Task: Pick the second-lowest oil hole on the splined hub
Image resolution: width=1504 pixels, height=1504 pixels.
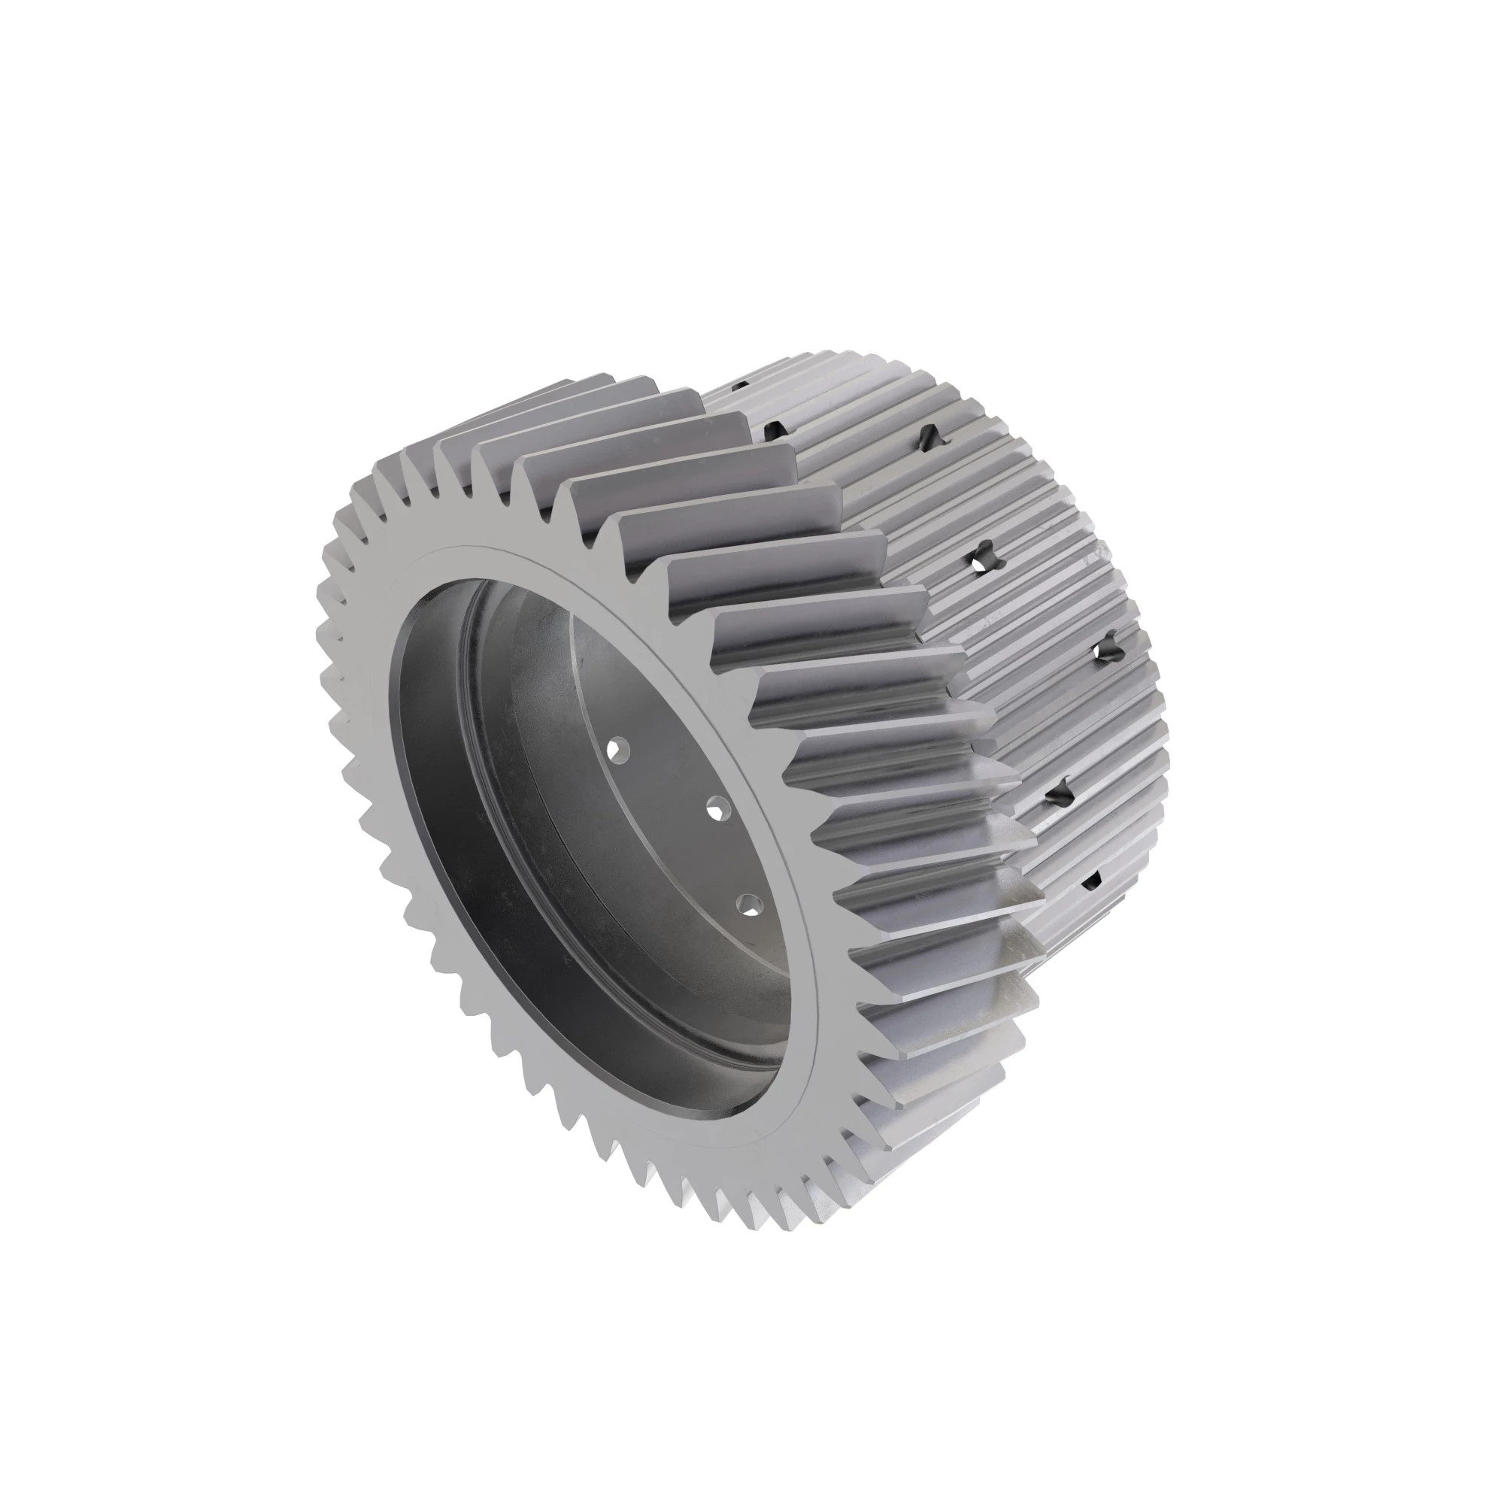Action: tap(1060, 795)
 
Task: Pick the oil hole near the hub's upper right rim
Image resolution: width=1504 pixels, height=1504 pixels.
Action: tap(931, 437)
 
